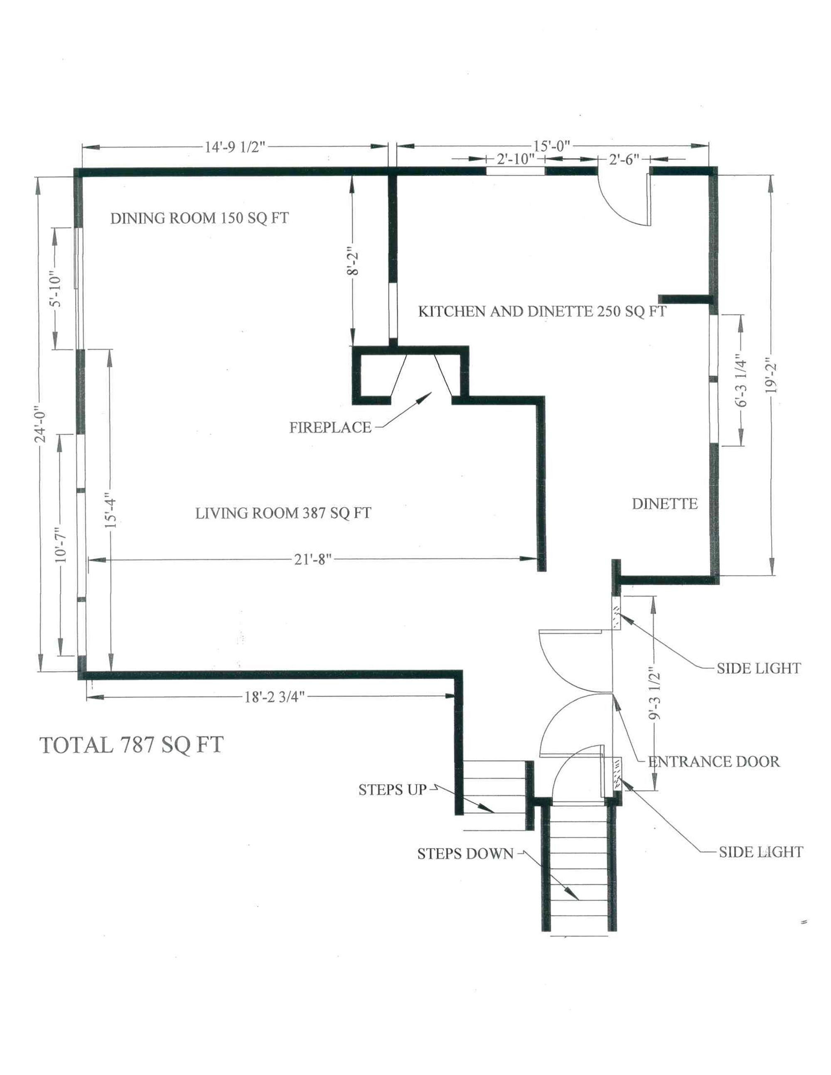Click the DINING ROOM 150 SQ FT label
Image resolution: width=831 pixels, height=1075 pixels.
pyautogui.click(x=199, y=218)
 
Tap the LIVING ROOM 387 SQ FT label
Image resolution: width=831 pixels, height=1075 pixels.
pyautogui.click(x=283, y=513)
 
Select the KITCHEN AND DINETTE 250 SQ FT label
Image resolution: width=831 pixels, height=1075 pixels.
pyautogui.click(x=542, y=311)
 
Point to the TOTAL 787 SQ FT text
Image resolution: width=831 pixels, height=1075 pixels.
pyautogui.click(x=131, y=745)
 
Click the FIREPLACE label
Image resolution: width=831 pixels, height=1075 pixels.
pyautogui.click(x=330, y=427)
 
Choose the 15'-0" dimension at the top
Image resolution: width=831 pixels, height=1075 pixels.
pyautogui.click(x=551, y=146)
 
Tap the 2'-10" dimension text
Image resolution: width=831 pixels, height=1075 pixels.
pyautogui.click(x=514, y=159)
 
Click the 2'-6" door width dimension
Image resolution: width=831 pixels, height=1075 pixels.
pyautogui.click(x=624, y=159)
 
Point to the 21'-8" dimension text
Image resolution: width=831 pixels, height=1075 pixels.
pyautogui.click(x=310, y=559)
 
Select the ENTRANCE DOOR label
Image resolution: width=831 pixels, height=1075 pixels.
pyautogui.click(x=714, y=761)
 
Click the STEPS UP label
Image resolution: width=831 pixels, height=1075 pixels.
pyautogui.click(x=392, y=790)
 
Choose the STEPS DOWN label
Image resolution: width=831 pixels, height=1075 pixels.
pyautogui.click(x=465, y=854)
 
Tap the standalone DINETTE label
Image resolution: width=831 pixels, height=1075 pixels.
pyautogui.click(x=665, y=503)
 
